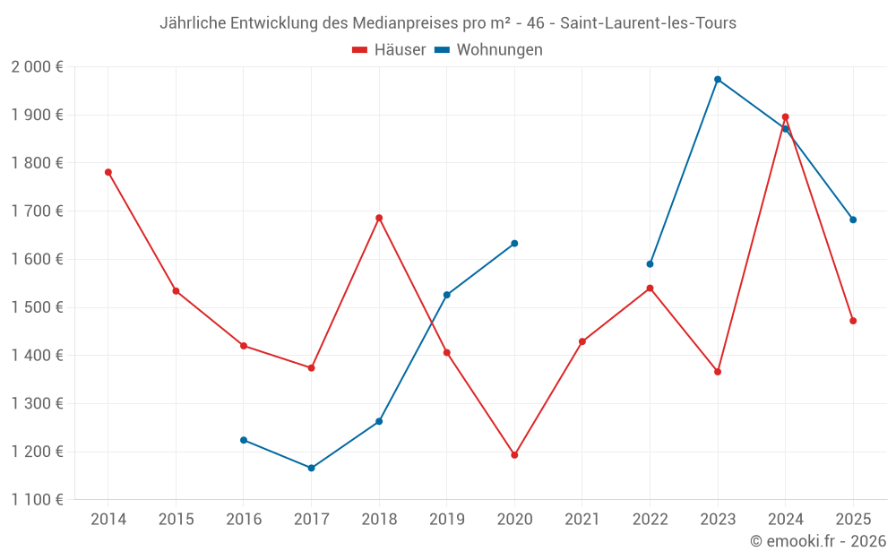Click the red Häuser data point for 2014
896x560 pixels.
(108, 172)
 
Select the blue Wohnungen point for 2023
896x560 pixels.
(718, 80)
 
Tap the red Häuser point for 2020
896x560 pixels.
(514, 455)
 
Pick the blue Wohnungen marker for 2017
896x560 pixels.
(312, 468)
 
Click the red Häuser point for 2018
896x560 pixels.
(379, 218)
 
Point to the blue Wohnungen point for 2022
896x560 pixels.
(650, 264)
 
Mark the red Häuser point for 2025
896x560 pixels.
(853, 321)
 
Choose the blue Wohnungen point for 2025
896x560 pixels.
(853, 220)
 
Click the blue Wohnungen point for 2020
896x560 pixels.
(514, 244)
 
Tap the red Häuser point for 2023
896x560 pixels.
(718, 372)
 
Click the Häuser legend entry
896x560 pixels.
(389, 50)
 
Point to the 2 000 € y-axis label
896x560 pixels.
(37, 67)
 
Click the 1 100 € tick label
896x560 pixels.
(37, 500)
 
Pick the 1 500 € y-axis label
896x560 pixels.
(37, 307)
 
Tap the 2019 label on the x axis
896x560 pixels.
(446, 520)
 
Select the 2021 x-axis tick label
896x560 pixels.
(582, 520)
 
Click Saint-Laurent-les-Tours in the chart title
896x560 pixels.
(648, 23)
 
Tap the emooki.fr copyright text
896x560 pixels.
(818, 541)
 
